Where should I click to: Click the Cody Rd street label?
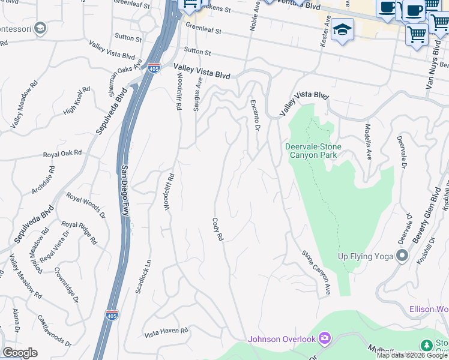tap(217, 229)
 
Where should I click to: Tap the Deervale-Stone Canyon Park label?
tap(313, 151)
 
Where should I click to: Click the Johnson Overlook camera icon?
tap(325, 339)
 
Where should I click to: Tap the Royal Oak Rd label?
tap(62, 154)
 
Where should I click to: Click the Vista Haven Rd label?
tap(166, 331)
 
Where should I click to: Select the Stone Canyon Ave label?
tap(316, 272)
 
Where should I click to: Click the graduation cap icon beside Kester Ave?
tap(342, 29)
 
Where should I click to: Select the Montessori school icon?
tap(40, 28)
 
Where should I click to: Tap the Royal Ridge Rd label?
tap(79, 232)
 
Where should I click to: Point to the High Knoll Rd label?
tap(76, 101)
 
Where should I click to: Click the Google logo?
tap(20, 353)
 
